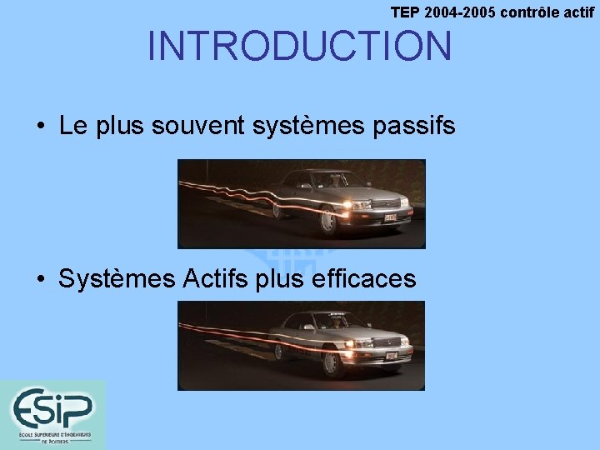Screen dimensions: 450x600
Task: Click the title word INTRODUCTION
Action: pyautogui.click(x=299, y=47)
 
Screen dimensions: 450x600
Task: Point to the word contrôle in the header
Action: pyautogui.click(x=530, y=12)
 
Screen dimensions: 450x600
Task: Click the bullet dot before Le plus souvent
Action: pyautogui.click(x=40, y=127)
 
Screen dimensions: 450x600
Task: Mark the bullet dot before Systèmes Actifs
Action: pyautogui.click(x=40, y=280)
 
